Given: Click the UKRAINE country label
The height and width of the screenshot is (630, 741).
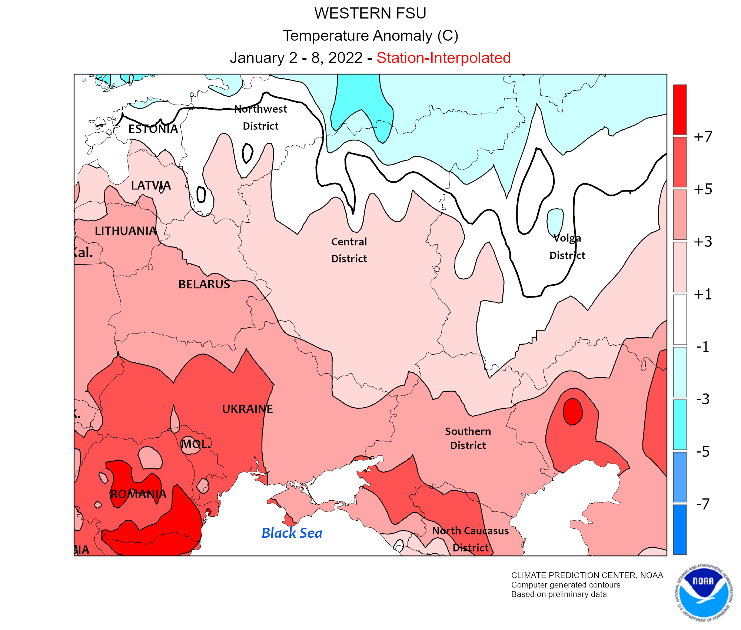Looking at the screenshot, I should (x=247, y=409).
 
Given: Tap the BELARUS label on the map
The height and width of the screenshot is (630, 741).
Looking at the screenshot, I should (x=204, y=284).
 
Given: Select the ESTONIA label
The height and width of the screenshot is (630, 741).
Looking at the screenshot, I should (x=153, y=129).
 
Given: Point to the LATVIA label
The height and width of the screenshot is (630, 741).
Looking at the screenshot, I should (x=151, y=185).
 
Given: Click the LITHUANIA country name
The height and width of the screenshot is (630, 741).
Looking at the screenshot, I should (x=126, y=231).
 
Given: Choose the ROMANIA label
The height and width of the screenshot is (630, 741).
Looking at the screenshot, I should (x=138, y=494).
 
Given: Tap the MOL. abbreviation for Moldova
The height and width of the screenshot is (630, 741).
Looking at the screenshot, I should (x=196, y=444).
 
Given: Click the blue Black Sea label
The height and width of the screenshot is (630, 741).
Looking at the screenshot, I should (x=292, y=533).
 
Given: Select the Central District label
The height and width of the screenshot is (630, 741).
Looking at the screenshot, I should (x=349, y=250).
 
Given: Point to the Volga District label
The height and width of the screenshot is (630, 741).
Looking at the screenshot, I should (x=567, y=246).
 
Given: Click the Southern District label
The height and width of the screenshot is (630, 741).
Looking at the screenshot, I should (x=468, y=438).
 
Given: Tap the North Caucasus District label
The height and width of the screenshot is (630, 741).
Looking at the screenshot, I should (x=471, y=539).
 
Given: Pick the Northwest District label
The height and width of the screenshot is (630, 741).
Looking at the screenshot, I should (x=260, y=117).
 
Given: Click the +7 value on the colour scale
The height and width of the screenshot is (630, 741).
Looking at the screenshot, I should (x=703, y=137).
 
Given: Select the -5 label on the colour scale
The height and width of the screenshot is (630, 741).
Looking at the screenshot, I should (x=702, y=452).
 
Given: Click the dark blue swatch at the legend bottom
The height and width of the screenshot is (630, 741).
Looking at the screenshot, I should (x=679, y=529).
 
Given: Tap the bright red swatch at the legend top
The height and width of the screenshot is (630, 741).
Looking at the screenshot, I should (x=679, y=109).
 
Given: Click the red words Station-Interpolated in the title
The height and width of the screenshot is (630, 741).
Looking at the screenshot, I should (x=443, y=58).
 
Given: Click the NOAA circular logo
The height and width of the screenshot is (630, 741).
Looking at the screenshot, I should (x=703, y=592).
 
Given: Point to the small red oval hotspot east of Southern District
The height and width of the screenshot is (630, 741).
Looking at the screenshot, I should (x=572, y=411).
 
